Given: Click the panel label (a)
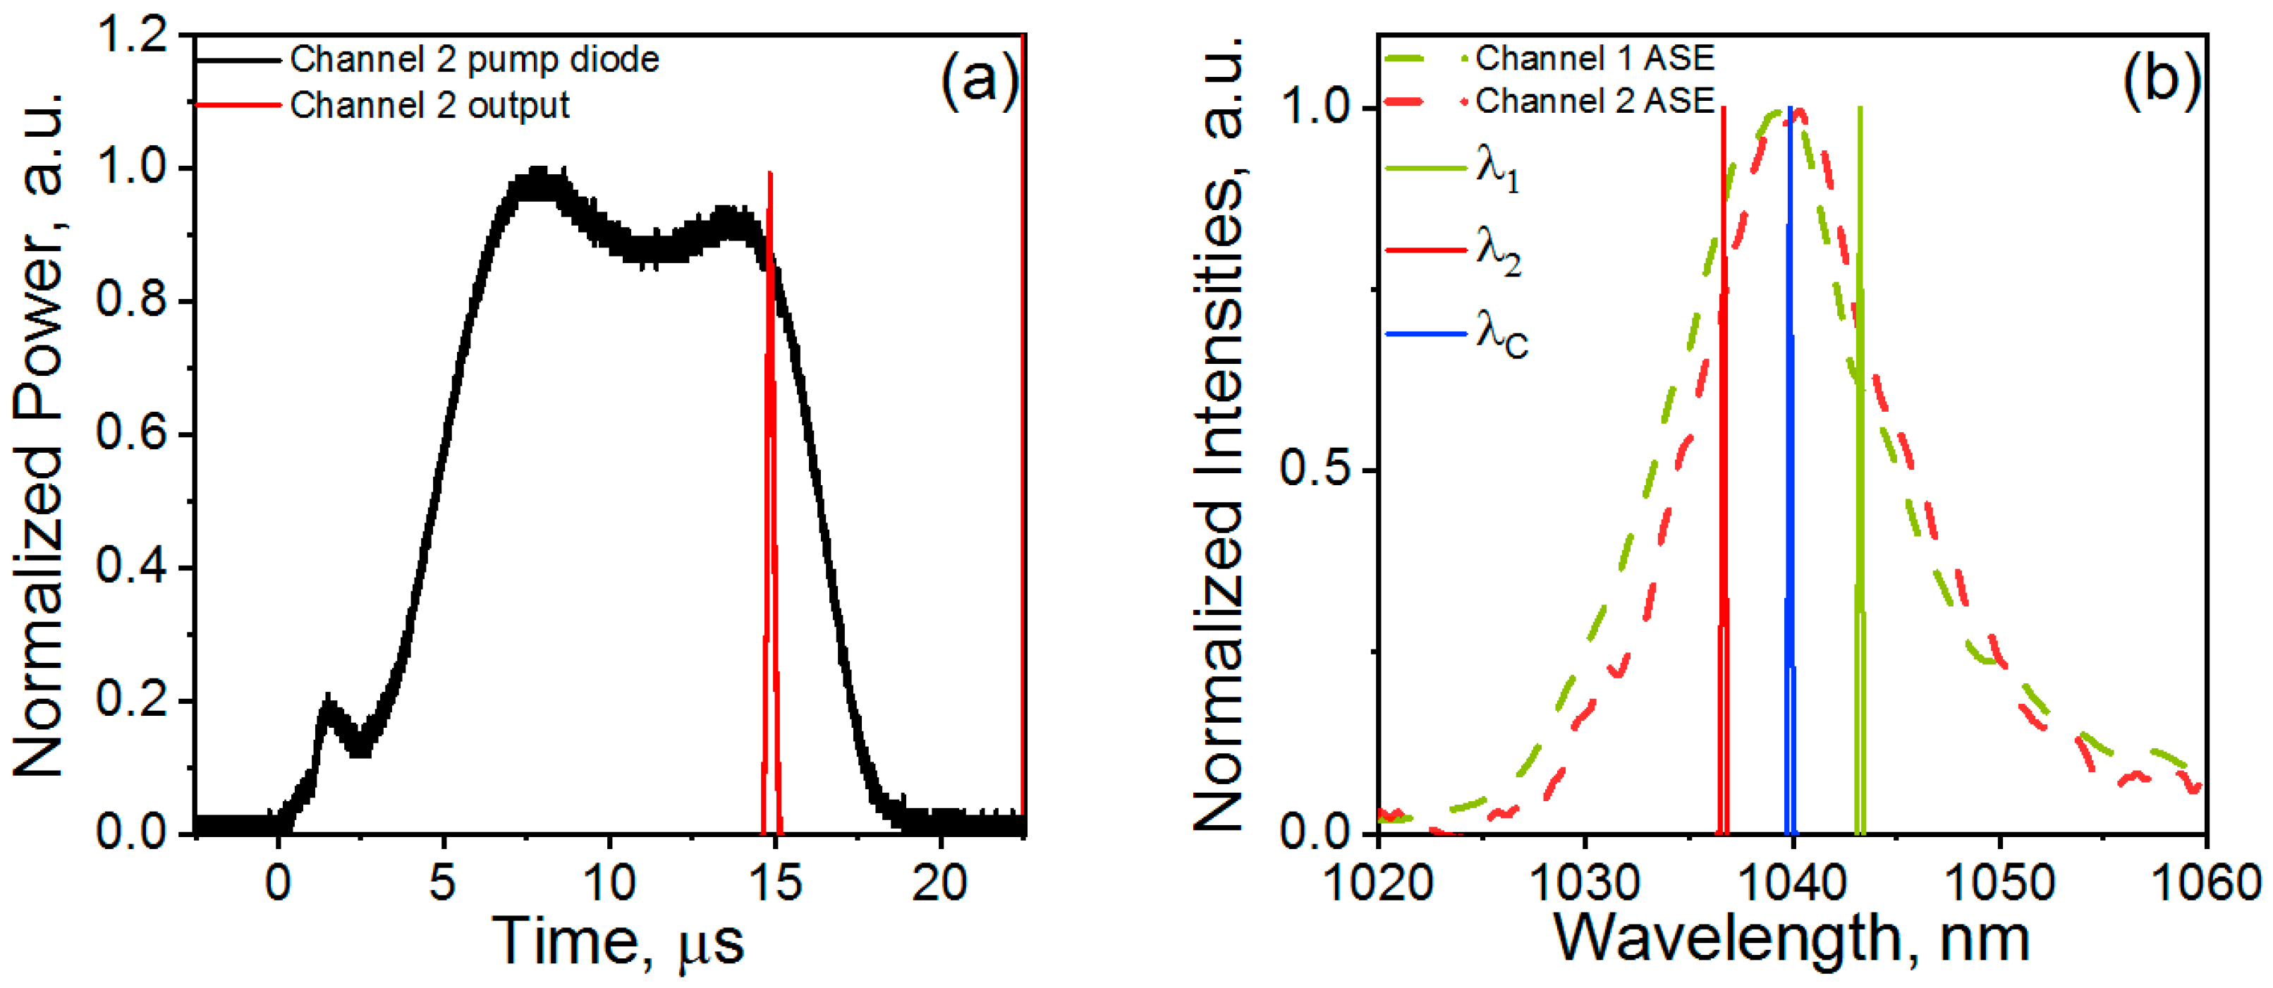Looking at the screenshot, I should tap(980, 81).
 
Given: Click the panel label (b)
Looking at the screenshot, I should tap(2161, 81).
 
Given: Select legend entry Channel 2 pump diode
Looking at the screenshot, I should tap(474, 60).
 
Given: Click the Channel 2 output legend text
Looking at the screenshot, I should tap(429, 105).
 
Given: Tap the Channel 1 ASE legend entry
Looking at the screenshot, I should tap(1594, 59).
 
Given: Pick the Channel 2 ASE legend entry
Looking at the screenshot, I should tap(1594, 102).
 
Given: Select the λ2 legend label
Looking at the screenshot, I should tap(1498, 252).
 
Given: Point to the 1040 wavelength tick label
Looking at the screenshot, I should tap(1792, 883).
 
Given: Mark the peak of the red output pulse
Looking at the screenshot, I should tap(770, 176).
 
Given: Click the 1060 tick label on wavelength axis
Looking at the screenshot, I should tap(2206, 883).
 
